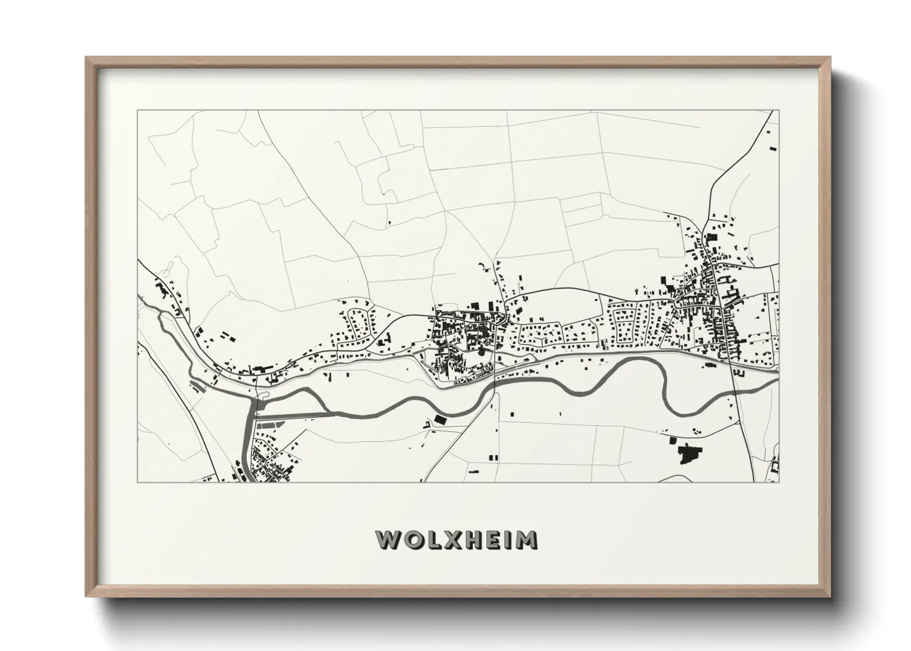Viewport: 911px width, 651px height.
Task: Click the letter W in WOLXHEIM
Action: click(387, 539)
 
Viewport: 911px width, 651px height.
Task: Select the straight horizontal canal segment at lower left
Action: click(295, 415)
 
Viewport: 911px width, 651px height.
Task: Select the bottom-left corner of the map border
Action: click(137, 482)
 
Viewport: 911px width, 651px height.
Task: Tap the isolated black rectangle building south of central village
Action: click(439, 419)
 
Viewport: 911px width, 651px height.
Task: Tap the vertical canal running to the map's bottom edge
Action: click(248, 449)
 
